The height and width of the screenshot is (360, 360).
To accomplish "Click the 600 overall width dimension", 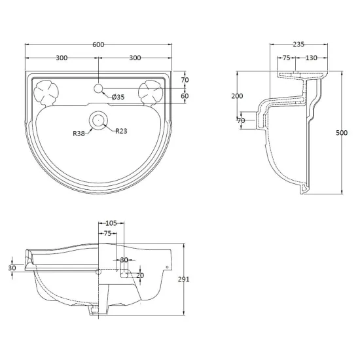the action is point(98,45).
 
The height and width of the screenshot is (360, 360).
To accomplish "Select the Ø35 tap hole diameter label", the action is point(118,97).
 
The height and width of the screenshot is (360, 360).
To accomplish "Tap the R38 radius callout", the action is point(79,133).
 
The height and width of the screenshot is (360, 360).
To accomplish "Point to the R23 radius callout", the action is point(121,131).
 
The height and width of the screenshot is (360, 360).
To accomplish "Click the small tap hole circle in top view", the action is point(98,88).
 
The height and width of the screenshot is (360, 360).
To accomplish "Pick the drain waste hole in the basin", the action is point(98,120).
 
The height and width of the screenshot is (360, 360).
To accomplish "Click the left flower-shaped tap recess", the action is point(46,93).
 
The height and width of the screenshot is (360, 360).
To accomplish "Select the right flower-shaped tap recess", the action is point(151,93).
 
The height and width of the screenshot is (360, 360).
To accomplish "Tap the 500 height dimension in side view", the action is point(342,133).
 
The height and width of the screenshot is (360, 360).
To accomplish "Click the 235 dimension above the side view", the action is point(298,44).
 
